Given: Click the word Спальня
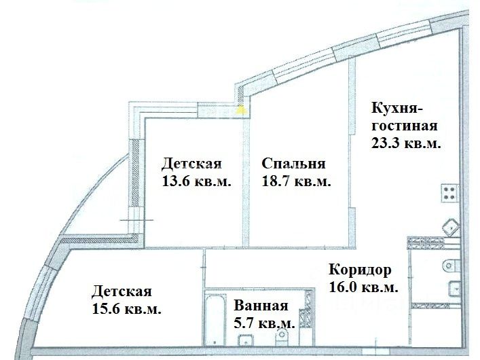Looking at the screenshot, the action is pos(293,164).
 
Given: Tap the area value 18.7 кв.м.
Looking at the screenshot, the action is pos(296,181).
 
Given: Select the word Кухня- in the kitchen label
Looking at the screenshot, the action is pos(396,109).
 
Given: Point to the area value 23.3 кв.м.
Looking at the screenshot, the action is pos(406,143).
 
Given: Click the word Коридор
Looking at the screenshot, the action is pos(359,270).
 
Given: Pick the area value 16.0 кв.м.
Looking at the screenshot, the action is pos(363,287).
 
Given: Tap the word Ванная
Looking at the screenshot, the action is pos(261,307).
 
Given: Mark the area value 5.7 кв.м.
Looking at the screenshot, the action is pos(265,323).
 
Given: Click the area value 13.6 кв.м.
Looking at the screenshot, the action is pos(195,181).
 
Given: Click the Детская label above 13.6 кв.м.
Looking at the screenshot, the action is pos(191,164).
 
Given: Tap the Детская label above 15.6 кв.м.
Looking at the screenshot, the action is pos(122,292).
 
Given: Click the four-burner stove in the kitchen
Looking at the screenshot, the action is pos(449,193).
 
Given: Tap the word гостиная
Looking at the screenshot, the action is pos(405,126).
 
